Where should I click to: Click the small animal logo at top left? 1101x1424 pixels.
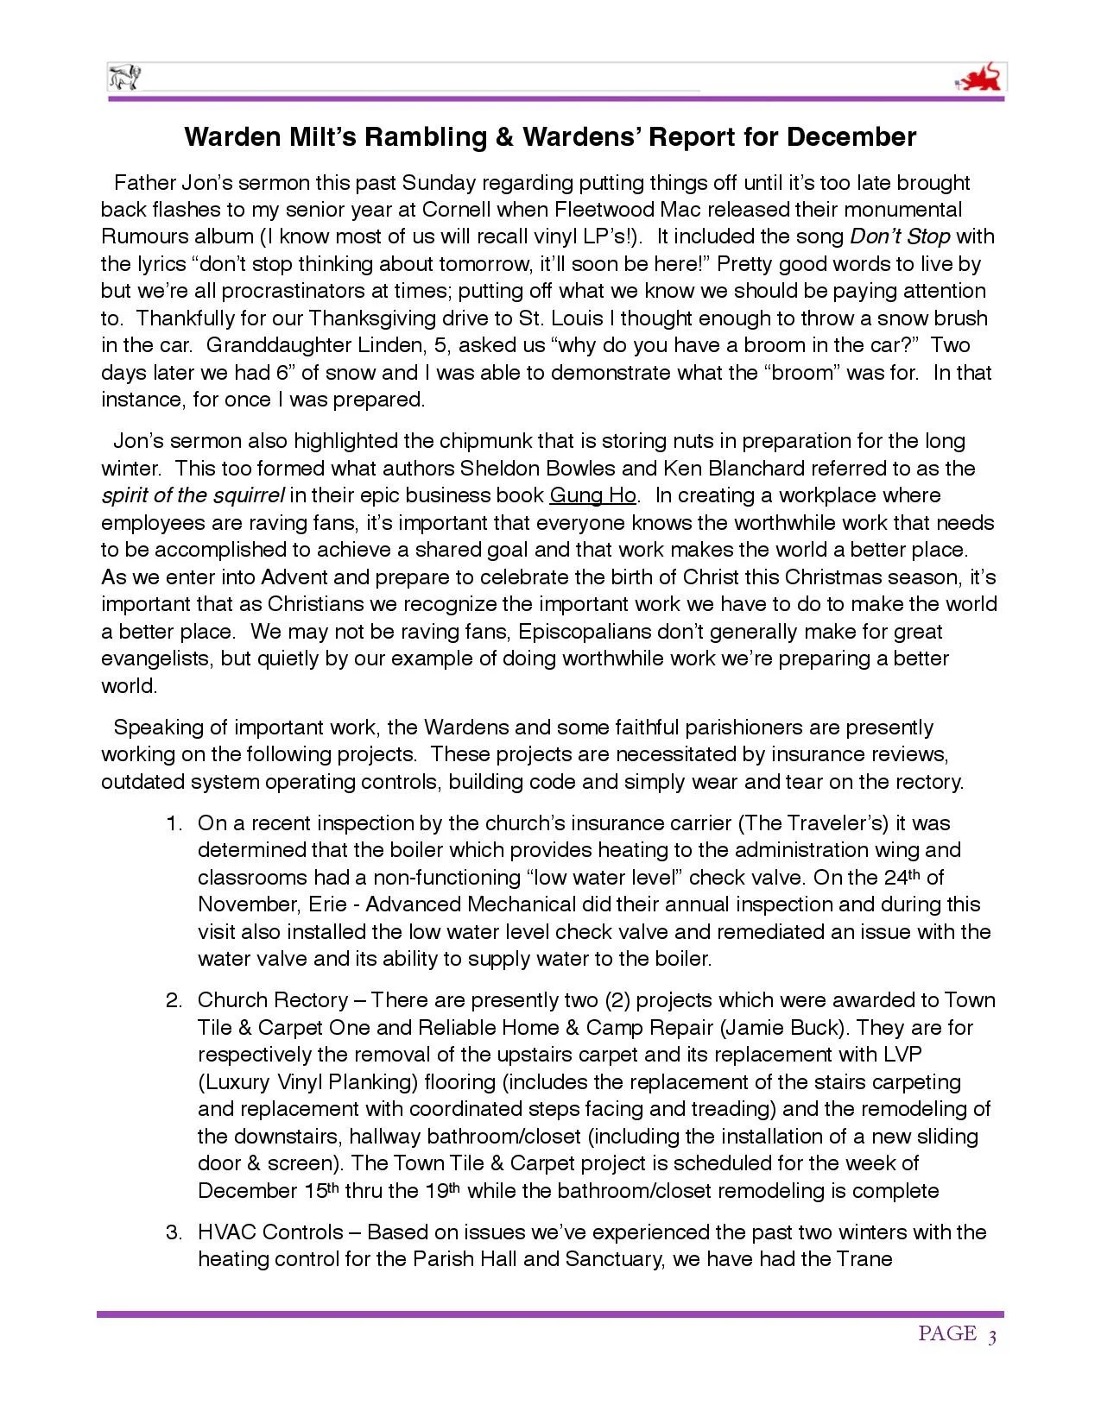coord(123,79)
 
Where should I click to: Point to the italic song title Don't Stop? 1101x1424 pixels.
coord(900,236)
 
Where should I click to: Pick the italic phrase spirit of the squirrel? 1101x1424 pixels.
coord(193,495)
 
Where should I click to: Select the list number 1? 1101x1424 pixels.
coord(174,823)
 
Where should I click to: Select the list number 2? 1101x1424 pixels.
coord(174,1000)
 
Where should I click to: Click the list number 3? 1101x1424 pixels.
coord(174,1232)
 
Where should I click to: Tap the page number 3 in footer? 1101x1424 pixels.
coord(992,1337)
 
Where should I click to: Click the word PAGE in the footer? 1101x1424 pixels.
coord(946,1334)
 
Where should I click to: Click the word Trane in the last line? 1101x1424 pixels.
coord(864,1259)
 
